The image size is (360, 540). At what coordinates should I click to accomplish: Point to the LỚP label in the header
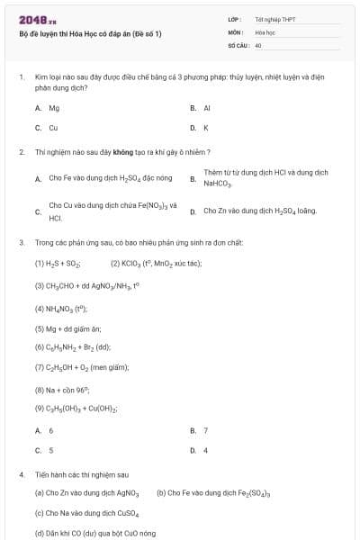pyautogui.click(x=234, y=19)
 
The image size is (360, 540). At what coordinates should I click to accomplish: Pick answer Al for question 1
pyautogui.click(x=206, y=108)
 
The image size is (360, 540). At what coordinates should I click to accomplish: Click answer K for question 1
pyautogui.click(x=205, y=128)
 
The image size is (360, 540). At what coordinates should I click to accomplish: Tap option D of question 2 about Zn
pyautogui.click(x=259, y=211)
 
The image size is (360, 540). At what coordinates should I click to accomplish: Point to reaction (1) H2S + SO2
pyautogui.click(x=58, y=264)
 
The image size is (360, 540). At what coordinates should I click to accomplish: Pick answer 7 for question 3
pyautogui.click(x=205, y=430)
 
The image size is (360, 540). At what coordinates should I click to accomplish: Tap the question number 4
pyautogui.click(x=21, y=473)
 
